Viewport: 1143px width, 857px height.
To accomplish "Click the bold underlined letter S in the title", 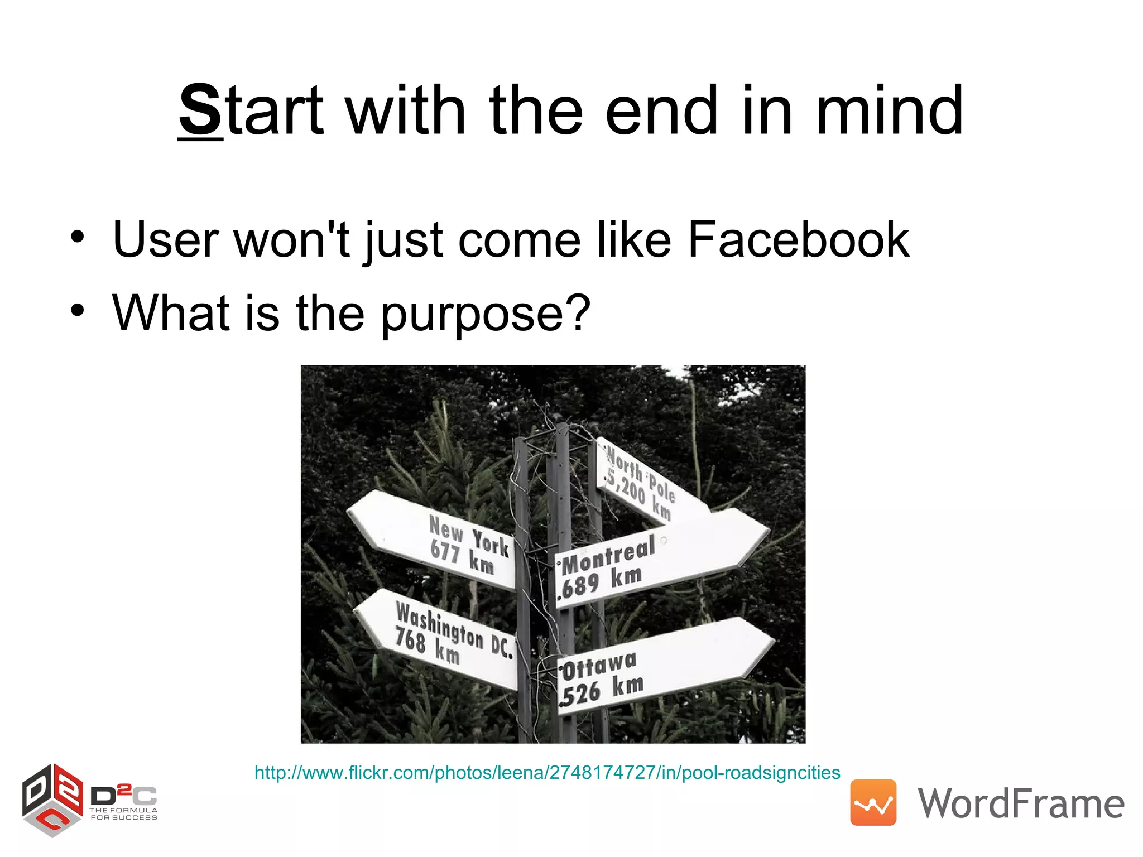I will click(200, 110).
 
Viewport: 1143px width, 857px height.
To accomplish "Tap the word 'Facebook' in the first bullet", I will click(798, 240).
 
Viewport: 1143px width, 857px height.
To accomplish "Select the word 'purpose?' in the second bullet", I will click(485, 314).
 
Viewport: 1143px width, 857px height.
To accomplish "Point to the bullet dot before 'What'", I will click(78, 310).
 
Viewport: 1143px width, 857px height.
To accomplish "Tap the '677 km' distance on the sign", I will click(462, 557).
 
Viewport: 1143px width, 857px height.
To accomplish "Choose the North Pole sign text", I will click(640, 473).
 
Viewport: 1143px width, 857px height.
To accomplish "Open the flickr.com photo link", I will click(547, 773).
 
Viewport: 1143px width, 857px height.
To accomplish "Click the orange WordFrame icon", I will click(873, 802).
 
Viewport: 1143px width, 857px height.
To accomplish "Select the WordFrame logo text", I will click(1021, 803).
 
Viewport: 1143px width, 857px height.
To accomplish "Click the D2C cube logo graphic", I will click(52, 800).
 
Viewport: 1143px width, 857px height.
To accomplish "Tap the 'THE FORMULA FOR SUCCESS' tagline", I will click(124, 814).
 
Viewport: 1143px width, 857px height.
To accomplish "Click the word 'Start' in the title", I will click(251, 110).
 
